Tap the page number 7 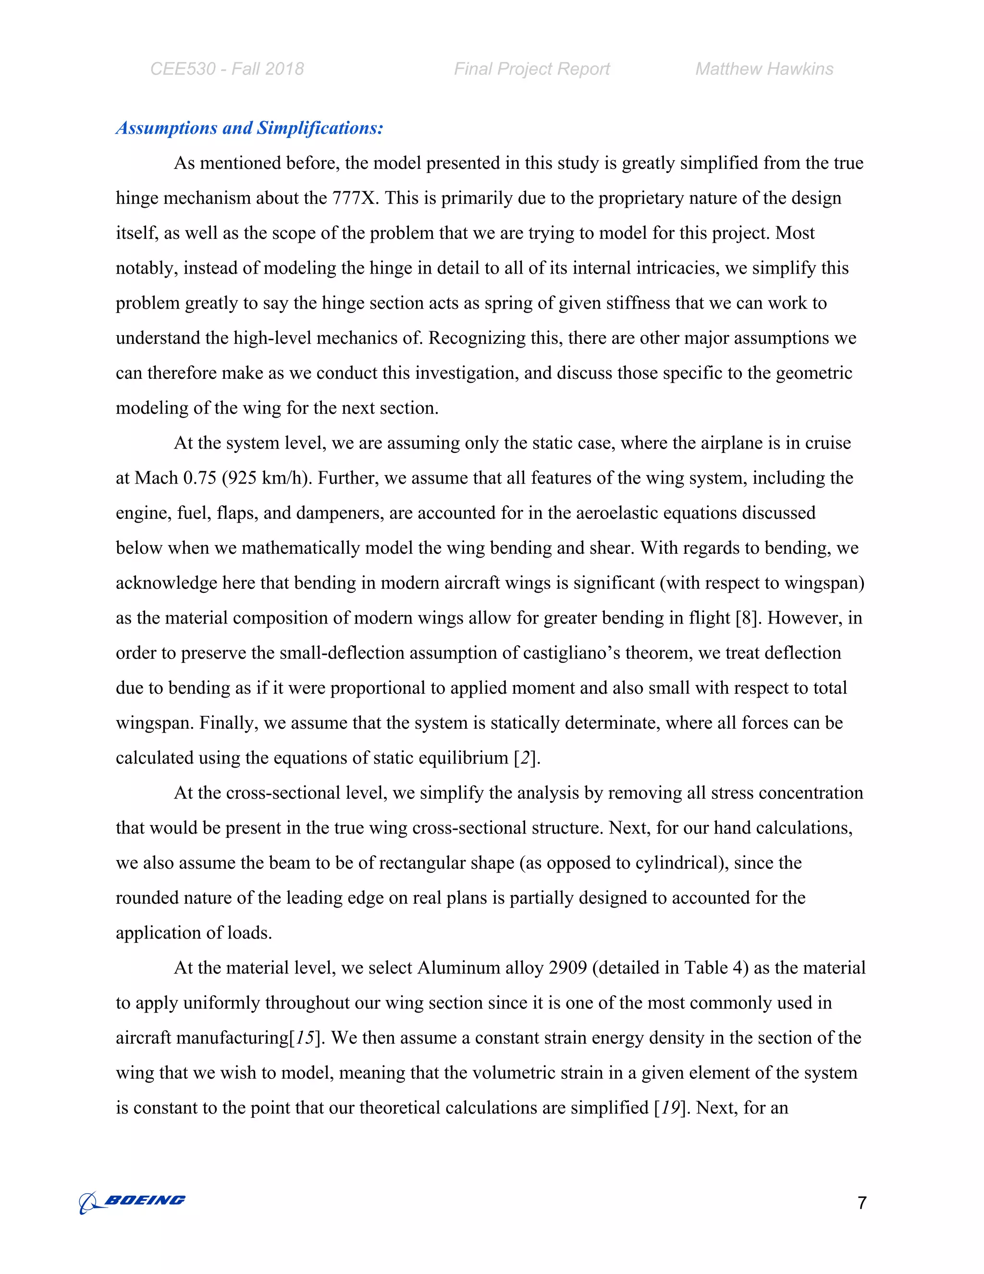click(861, 1203)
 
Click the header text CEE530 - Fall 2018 click(227, 69)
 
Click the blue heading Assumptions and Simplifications click(249, 128)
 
